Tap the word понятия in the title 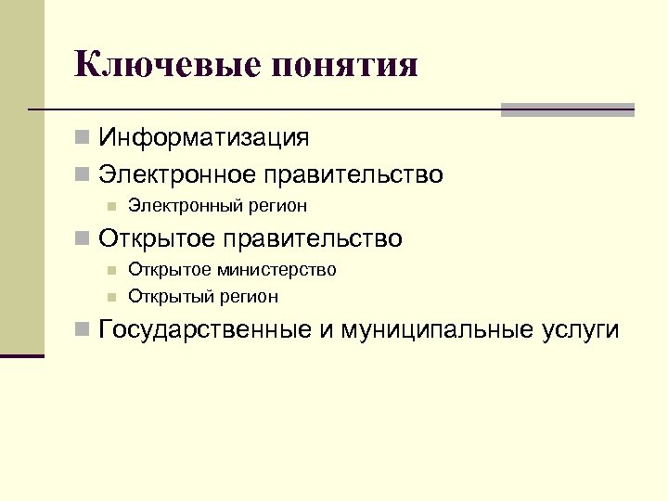coord(342,66)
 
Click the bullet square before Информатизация coord(83,138)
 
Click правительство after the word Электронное coord(353,174)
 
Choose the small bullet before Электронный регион coord(109,205)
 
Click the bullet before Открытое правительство coord(83,239)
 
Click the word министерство coord(277,270)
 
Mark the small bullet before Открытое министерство coord(109,270)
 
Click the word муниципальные coord(434,330)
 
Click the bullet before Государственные coord(83,329)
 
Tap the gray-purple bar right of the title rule coord(567,109)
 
